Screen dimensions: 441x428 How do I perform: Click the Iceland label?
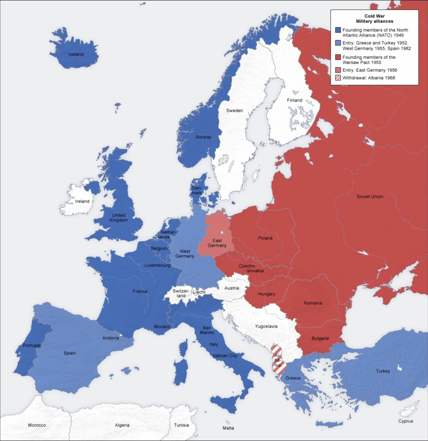[x=76, y=54]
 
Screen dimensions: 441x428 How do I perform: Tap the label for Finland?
[x=294, y=100]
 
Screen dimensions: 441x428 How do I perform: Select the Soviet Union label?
[x=370, y=196]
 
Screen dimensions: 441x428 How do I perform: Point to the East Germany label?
[x=217, y=243]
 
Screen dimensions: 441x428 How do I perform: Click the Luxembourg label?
[x=157, y=265]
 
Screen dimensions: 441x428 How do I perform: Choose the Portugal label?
[x=32, y=345]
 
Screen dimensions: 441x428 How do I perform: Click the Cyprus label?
[x=406, y=421]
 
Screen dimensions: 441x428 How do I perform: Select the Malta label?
[x=228, y=428]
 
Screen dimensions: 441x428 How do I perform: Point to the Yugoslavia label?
[x=266, y=326]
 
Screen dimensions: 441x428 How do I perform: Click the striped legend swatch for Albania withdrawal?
[x=338, y=78]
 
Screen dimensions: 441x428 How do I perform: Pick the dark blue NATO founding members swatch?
[x=338, y=30]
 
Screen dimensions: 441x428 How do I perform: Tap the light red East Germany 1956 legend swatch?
[x=338, y=70]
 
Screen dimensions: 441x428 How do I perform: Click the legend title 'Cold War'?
[x=374, y=16]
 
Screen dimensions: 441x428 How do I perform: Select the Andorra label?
[x=110, y=338]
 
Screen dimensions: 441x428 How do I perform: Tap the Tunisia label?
[x=181, y=425]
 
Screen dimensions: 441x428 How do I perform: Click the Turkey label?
[x=383, y=371]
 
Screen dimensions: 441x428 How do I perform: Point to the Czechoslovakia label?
[x=251, y=268]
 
